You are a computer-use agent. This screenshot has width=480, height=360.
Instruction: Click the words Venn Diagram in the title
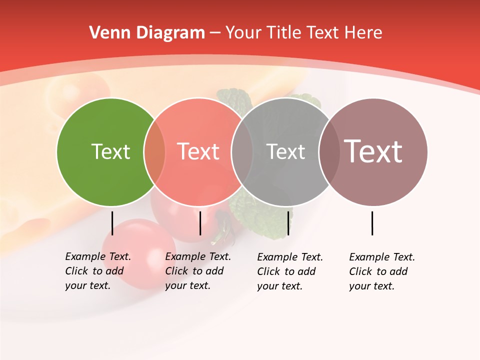tap(147, 33)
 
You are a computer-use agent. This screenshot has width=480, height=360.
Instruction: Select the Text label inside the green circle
tap(110, 151)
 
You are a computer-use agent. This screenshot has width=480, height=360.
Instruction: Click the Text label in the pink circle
tap(198, 151)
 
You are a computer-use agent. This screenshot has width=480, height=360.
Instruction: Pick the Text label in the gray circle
tap(285, 151)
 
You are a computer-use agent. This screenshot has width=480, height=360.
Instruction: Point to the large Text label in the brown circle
tap(373, 151)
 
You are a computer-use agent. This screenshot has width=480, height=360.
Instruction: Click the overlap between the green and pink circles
tap(154, 152)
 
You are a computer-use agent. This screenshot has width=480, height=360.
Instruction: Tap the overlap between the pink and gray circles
tap(242, 152)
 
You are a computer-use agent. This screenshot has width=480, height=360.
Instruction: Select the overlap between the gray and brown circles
tap(329, 152)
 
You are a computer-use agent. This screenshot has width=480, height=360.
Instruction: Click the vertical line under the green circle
tap(112, 223)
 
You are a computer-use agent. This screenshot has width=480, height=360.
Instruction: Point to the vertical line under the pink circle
tap(200, 223)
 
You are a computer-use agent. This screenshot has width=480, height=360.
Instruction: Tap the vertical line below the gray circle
tap(288, 223)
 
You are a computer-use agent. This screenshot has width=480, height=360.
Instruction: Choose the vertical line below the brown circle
tap(372, 223)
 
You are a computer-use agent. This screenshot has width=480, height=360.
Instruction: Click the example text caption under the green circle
tap(97, 271)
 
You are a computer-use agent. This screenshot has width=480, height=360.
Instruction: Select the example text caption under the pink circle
tap(197, 271)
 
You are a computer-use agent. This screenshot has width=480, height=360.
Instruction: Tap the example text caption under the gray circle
tap(289, 271)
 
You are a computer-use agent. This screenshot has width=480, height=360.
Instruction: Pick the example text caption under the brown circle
tap(381, 271)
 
